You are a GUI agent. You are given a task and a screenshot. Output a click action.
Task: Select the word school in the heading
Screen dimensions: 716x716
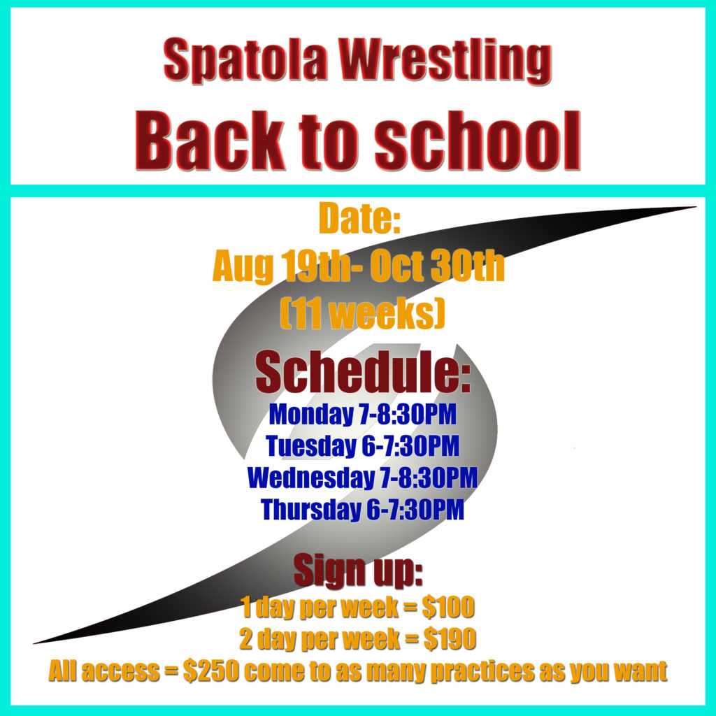pyautogui.click(x=478, y=141)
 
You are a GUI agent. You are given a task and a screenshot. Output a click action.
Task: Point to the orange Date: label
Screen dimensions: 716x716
pyautogui.click(x=359, y=218)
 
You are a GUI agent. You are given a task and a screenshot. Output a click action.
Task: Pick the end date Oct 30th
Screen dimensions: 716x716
pyautogui.click(x=437, y=266)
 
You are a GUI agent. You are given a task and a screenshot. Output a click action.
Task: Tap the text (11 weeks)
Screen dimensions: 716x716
pyautogui.click(x=362, y=313)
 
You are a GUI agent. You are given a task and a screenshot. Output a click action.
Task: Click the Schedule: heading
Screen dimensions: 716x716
pyautogui.click(x=363, y=372)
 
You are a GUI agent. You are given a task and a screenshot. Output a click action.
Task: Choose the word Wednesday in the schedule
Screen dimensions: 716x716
pyautogui.click(x=310, y=477)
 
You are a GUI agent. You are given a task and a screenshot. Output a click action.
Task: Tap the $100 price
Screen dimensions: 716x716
pyautogui.click(x=448, y=608)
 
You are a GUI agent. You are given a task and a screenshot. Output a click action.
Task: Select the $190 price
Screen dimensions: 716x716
pyautogui.click(x=450, y=639)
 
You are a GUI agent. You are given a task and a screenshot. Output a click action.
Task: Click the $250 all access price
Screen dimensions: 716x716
pyautogui.click(x=211, y=671)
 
